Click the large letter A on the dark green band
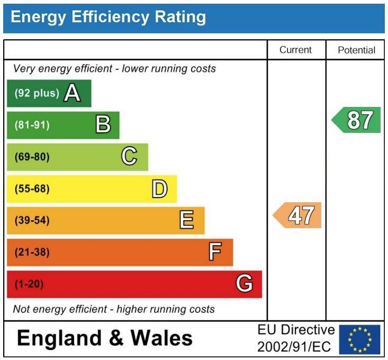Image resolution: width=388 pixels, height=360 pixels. (x=72, y=94)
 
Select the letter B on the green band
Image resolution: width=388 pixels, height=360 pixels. (x=103, y=125)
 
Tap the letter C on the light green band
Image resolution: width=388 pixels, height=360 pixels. (x=129, y=157)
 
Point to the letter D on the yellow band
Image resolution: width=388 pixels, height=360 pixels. (x=159, y=188)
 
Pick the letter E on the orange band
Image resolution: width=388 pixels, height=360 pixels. (x=186, y=220)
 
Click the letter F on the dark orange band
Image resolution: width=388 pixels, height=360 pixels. (x=214, y=252)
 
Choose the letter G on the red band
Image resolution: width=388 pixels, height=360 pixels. (x=243, y=284)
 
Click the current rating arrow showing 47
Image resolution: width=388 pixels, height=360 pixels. (x=297, y=215)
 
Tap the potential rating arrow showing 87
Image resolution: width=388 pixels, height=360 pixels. (x=357, y=120)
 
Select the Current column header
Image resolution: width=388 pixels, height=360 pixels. (x=295, y=50)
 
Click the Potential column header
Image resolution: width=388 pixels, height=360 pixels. (x=356, y=50)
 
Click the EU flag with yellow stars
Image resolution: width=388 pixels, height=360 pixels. (x=359, y=339)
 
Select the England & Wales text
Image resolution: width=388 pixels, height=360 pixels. (x=105, y=338)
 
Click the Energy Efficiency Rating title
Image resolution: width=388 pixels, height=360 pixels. (x=108, y=17)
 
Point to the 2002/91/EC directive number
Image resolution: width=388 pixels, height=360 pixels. (x=295, y=347)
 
